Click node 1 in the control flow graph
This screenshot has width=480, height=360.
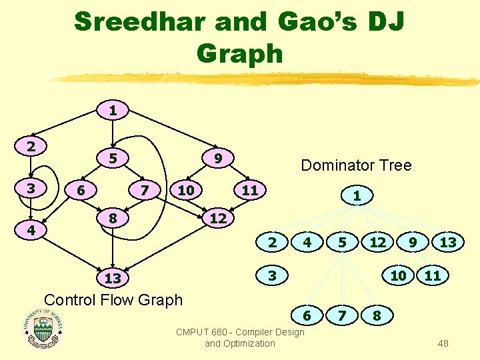tap(113, 110)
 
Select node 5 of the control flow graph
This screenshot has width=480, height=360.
tap(113, 158)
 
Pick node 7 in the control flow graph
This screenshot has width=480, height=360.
tap(145, 190)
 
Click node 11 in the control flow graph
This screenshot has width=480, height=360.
tap(249, 190)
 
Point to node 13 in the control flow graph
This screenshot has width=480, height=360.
tap(113, 277)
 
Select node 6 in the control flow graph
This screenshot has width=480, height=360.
tap(81, 190)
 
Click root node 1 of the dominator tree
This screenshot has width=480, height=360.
tap(357, 196)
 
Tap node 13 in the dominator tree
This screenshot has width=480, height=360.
tap(448, 243)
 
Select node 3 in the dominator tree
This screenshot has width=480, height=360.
tap(271, 275)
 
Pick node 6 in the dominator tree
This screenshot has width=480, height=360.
tap(307, 314)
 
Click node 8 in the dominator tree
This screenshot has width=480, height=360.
tap(377, 314)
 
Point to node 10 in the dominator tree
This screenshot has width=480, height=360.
tap(398, 275)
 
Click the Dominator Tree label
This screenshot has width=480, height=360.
tap(356, 165)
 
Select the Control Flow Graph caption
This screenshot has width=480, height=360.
tap(113, 299)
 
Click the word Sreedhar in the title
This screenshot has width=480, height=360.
tap(139, 21)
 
